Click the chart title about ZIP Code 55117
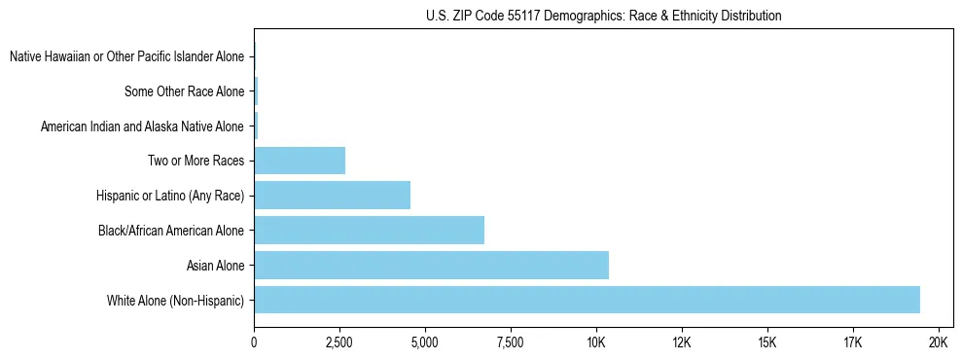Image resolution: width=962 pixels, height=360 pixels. [603, 16]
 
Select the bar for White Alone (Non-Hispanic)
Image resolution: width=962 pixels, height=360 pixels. [587, 300]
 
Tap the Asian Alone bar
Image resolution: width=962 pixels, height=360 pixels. [431, 265]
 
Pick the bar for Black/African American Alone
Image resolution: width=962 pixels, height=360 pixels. [369, 230]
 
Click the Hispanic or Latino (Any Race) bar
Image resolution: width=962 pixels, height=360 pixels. [332, 195]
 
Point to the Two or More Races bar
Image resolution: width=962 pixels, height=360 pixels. [300, 160]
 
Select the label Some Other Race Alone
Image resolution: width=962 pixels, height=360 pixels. [185, 92]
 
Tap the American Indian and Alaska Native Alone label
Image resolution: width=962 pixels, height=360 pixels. [142, 126]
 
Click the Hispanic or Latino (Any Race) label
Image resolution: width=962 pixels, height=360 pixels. [170, 196]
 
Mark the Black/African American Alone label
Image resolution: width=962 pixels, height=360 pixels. [171, 231]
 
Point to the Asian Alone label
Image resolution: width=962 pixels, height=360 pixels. [215, 266]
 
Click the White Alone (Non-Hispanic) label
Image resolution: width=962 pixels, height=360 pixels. [176, 301]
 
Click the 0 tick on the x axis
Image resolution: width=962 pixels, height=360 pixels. [254, 342]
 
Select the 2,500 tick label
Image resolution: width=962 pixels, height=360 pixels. [339, 342]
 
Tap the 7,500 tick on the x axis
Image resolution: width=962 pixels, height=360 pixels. [511, 342]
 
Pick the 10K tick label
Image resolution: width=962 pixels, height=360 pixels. [596, 342]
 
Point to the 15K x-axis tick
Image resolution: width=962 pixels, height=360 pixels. [767, 342]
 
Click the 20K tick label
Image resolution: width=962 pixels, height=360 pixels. [939, 342]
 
